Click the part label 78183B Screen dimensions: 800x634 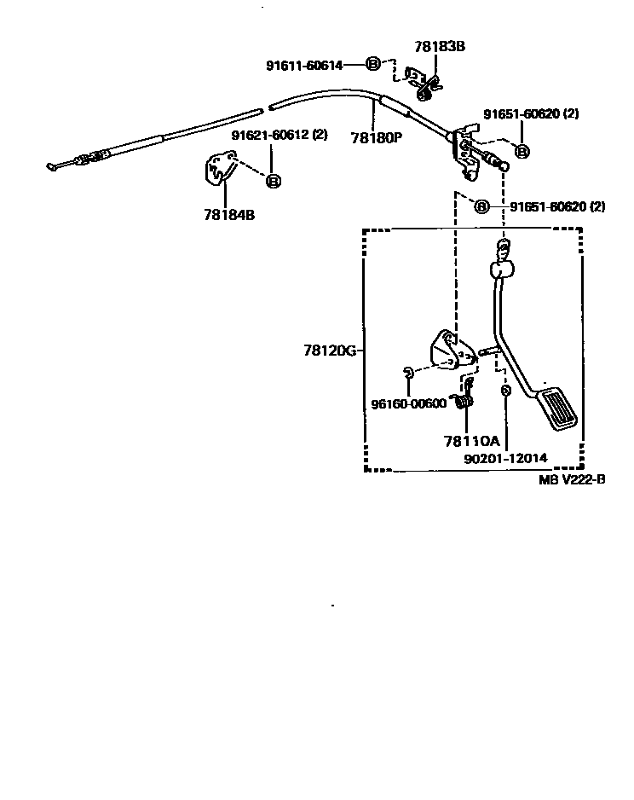(x=440, y=48)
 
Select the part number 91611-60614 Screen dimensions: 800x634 (x=304, y=64)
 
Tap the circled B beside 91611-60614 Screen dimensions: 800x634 (x=372, y=63)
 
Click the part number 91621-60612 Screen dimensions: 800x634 (x=269, y=134)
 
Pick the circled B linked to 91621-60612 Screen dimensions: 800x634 (x=273, y=180)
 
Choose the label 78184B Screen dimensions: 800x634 (x=229, y=215)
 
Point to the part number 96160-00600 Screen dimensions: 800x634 (x=408, y=403)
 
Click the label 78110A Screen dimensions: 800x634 (x=470, y=441)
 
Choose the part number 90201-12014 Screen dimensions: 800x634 (x=505, y=458)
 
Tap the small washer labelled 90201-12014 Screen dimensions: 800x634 (x=505, y=390)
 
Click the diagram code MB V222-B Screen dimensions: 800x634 (x=572, y=479)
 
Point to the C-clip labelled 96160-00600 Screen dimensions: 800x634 (x=408, y=371)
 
